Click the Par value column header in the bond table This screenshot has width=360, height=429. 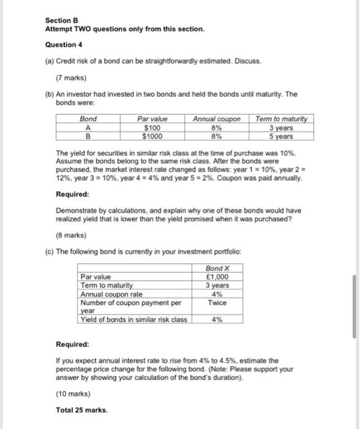pos(152,119)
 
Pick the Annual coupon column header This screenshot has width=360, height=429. pos(216,119)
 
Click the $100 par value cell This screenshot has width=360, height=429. pos(152,127)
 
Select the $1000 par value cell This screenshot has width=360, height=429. pos(152,135)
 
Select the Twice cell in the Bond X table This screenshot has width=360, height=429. pos(217,302)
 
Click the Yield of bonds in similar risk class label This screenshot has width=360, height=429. pos(133,319)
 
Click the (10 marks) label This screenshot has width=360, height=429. pos(73,393)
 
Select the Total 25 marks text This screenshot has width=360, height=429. pos(81,410)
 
